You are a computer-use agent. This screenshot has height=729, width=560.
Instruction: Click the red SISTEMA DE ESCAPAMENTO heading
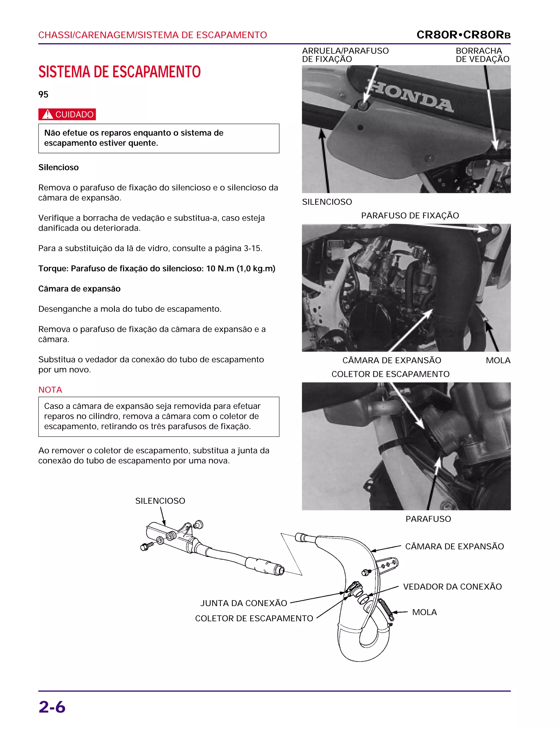pos(119,72)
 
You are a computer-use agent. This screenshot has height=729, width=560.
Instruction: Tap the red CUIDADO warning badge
pos(67,114)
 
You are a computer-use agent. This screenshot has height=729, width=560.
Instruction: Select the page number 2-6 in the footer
pos(52,707)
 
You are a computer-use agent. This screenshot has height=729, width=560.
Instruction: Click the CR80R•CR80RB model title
pos(463,35)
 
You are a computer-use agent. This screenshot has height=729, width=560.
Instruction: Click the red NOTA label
pos(50,390)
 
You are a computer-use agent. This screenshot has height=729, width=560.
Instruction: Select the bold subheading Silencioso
pos(58,167)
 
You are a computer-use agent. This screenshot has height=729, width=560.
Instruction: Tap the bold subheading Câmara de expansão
pos(79,289)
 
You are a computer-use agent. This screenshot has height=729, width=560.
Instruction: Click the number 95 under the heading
pos(43,94)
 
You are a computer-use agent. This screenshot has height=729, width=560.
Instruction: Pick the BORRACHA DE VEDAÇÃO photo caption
pos(482,55)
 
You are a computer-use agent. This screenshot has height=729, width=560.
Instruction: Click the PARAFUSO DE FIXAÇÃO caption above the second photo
pos(410,216)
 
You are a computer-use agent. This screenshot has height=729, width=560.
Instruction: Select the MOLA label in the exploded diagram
pos(424,612)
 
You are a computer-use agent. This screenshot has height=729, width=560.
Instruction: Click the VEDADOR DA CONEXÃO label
pos(452,586)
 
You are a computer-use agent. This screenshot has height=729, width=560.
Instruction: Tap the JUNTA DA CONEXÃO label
pos(243,603)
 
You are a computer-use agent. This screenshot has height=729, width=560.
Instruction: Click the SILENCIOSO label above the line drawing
pos(160,501)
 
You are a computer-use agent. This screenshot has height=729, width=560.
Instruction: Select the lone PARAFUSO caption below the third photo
pos(428,519)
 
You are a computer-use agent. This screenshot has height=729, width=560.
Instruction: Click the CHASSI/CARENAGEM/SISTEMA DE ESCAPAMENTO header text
pos(152,35)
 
